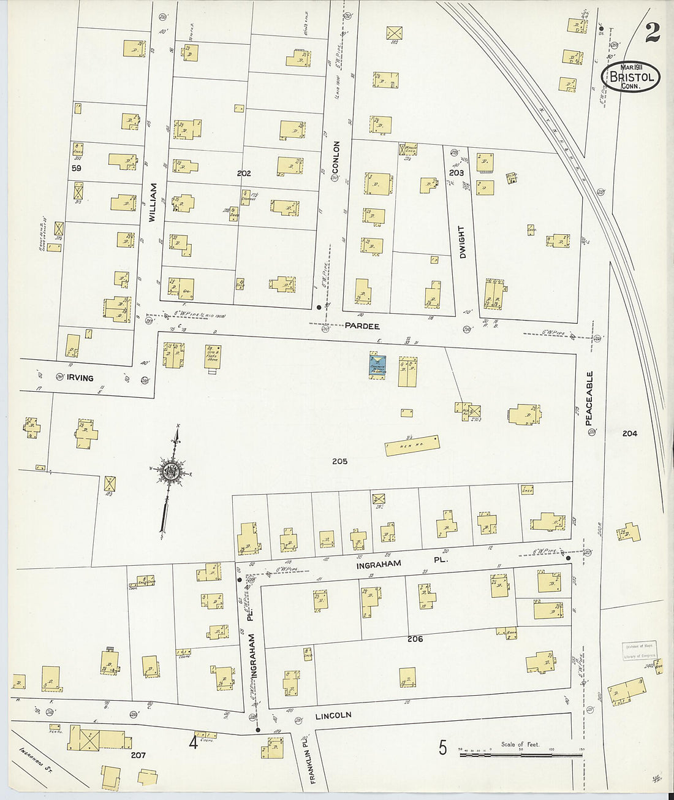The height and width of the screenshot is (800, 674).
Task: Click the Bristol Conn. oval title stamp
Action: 634,77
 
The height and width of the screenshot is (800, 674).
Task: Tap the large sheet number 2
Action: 652,32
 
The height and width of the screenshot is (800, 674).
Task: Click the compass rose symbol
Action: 170,471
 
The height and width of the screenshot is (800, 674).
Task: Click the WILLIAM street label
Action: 153,202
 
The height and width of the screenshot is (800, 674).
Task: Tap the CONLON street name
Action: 336,157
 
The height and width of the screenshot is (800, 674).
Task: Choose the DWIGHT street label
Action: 462,242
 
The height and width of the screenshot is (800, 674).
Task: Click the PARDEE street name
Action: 362,326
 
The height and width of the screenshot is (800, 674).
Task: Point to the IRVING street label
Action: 80,378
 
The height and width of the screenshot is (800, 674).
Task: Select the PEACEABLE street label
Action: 589,398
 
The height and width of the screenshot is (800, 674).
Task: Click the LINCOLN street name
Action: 333,715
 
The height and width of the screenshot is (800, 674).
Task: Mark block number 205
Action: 339,461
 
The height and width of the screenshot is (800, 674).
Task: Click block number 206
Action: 415,639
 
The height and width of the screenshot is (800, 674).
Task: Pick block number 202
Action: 244,173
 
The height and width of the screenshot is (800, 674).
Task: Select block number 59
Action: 76,168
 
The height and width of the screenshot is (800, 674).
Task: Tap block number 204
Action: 629,433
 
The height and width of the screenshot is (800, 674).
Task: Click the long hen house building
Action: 412,445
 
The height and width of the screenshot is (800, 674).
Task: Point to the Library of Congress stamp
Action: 639,650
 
